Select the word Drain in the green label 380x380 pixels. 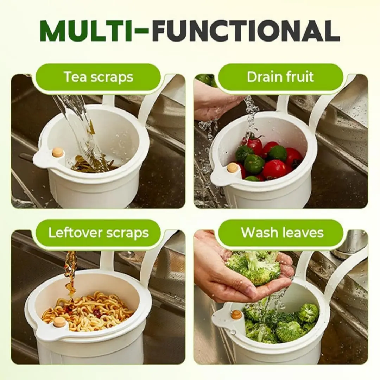click(x=264, y=77)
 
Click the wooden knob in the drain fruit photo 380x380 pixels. click(x=233, y=168)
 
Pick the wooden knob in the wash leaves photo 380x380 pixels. click(x=236, y=315)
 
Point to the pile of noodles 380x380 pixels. click(x=88, y=311)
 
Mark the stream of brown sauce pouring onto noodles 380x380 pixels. click(x=70, y=274)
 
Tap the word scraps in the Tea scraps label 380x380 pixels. click(x=112, y=77)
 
